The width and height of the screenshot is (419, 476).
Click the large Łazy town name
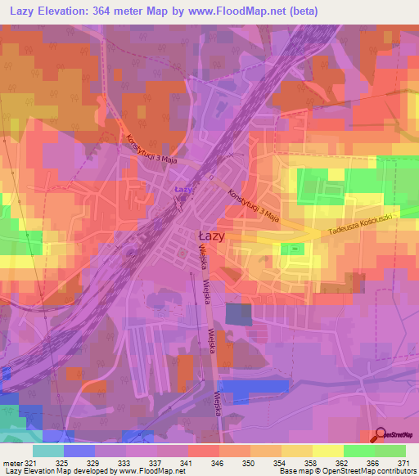[x=212, y=235]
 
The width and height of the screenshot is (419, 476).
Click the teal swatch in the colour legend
[x=48, y=451]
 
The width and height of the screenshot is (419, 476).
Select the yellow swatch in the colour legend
[x=327, y=451]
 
